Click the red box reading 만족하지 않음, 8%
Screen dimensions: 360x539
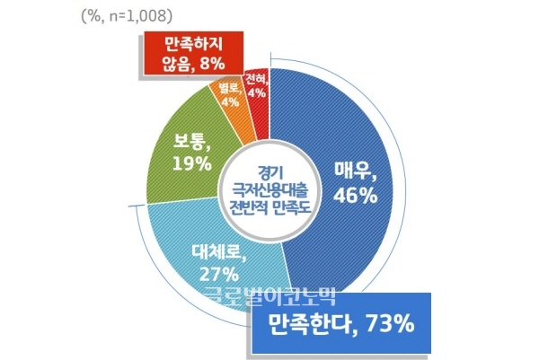(191, 53)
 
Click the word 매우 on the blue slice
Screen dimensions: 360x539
(353, 171)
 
